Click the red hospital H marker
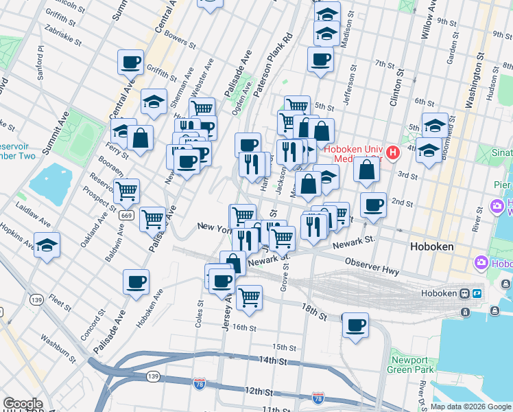click(x=393, y=152)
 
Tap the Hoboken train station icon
click(x=465, y=293)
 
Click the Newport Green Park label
click(x=411, y=365)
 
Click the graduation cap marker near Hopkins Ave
click(x=47, y=244)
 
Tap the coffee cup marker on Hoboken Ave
click(x=136, y=281)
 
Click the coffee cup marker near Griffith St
click(x=130, y=62)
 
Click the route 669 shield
click(x=126, y=215)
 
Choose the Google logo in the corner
click(x=23, y=404)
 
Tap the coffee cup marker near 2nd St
click(x=373, y=205)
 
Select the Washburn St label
click(x=57, y=348)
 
